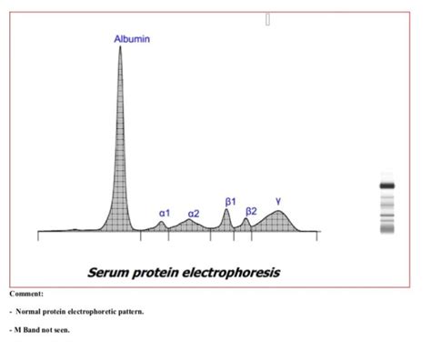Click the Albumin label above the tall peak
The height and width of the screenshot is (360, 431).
(x=132, y=39)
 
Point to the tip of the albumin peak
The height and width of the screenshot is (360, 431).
(x=120, y=47)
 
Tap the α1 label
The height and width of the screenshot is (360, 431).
(x=165, y=213)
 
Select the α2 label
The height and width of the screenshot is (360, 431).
(x=193, y=213)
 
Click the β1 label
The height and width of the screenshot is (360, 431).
(x=231, y=200)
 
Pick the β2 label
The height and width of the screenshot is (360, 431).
(x=252, y=210)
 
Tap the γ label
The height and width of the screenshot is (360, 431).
(x=278, y=200)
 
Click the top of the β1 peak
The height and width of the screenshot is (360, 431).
(x=227, y=210)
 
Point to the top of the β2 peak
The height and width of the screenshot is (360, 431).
(x=246, y=218)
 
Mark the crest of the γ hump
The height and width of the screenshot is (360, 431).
(x=278, y=213)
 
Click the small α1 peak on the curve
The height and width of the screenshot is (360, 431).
(x=162, y=223)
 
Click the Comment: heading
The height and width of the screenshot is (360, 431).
(x=26, y=294)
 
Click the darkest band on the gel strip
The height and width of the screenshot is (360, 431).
(x=387, y=185)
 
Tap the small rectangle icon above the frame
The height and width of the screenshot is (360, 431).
(x=268, y=18)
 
